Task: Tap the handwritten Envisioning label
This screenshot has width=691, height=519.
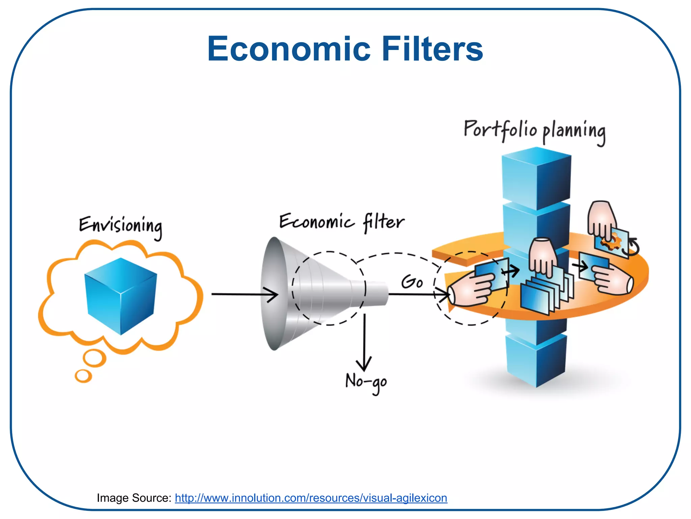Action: pos(120,226)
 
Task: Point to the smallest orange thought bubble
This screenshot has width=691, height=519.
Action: pos(83,376)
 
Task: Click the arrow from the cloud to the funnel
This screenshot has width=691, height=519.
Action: pos(244,294)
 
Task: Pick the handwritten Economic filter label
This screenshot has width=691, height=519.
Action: pos(341,222)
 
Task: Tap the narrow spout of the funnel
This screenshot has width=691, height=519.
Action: pos(376,293)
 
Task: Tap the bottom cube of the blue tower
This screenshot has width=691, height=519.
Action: pos(536,360)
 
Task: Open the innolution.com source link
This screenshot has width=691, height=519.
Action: pos(311,498)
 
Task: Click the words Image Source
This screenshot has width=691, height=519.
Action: pos(134,498)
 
